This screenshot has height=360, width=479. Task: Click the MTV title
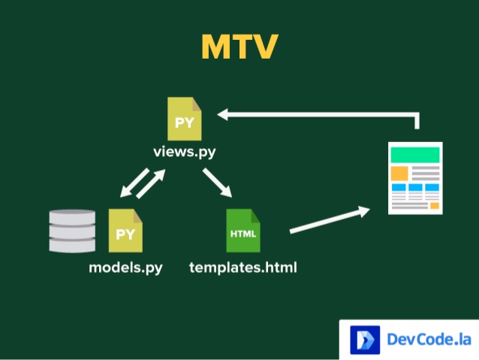point(239,47)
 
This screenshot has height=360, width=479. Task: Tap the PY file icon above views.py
point(185,119)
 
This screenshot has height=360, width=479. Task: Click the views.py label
point(185,152)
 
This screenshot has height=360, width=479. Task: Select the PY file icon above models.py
point(125,231)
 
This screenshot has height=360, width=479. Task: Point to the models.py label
point(125,267)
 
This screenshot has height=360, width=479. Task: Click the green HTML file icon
point(243,231)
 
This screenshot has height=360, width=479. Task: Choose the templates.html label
point(243,267)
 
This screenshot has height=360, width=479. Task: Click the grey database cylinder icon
point(72,231)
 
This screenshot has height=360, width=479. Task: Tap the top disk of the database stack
point(72,216)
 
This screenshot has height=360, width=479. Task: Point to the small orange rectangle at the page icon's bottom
point(434,205)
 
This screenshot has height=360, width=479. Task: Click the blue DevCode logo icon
point(365,340)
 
